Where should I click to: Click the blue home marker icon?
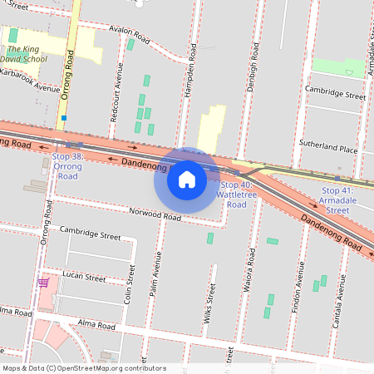187,179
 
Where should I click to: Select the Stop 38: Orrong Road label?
67,166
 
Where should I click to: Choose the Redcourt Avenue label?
118,102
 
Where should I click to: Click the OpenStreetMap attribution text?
84,368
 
